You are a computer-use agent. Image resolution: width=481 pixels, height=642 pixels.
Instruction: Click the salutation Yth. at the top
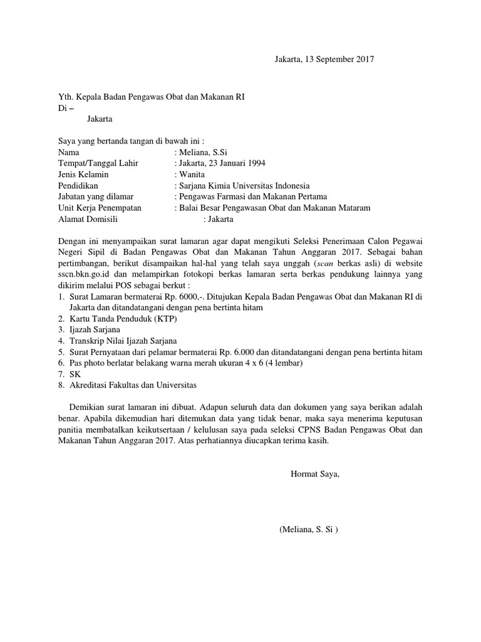pyautogui.click(x=65, y=97)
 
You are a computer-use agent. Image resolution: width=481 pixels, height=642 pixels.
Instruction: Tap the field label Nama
pyautogui.click(x=69, y=152)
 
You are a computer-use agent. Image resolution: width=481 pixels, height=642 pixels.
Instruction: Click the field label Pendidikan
pyautogui.click(x=78, y=186)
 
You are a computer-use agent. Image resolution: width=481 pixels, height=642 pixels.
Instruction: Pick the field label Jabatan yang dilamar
pyautogui.click(x=95, y=197)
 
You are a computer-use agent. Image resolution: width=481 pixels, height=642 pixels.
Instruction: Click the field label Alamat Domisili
pyautogui.click(x=88, y=219)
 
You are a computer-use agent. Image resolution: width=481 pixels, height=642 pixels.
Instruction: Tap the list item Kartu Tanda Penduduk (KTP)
pyautogui.click(x=123, y=318)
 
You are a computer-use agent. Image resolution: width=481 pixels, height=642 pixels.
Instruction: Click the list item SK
pyautogui.click(x=75, y=374)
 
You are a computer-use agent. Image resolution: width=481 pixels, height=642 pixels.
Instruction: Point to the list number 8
pyautogui.click(x=60, y=385)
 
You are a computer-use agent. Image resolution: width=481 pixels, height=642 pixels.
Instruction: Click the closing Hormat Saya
pyautogui.click(x=315, y=473)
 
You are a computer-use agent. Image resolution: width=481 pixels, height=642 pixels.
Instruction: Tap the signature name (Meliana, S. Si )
pyautogui.click(x=309, y=529)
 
